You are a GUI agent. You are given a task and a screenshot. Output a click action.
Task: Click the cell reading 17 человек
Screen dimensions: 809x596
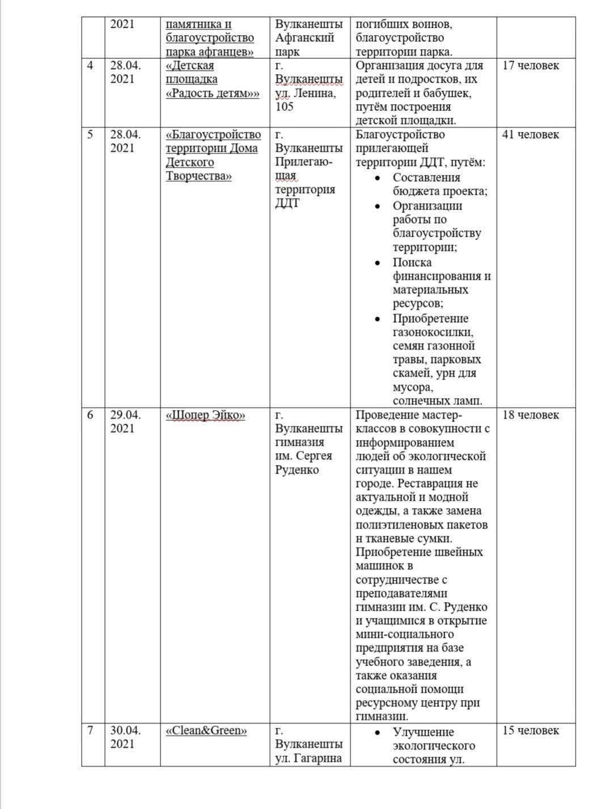tap(531, 66)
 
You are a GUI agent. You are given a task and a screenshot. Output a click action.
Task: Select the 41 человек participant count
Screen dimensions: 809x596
tap(531, 135)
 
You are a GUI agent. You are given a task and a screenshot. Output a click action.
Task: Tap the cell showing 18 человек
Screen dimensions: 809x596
tap(531, 415)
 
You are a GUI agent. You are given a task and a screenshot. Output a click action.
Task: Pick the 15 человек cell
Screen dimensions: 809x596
tap(531, 731)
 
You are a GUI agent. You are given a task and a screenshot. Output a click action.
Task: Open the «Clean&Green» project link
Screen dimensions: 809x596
tap(206, 731)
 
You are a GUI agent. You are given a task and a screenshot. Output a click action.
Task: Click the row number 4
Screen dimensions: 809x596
tap(90, 66)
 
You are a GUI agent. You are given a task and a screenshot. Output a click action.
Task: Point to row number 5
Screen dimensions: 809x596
tap(90, 135)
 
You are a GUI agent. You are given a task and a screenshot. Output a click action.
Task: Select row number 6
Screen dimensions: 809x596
tap(90, 415)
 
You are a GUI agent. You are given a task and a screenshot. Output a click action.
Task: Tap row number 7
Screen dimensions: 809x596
tap(90, 731)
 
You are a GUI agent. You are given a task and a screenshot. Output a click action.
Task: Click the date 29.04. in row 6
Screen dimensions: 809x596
tap(126, 415)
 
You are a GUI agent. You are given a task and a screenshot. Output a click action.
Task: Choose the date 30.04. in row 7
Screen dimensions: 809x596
tap(126, 731)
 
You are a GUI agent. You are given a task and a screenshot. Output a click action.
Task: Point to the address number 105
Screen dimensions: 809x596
tap(285, 107)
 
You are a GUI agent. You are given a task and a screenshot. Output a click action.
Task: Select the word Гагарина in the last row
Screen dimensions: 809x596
tap(318, 759)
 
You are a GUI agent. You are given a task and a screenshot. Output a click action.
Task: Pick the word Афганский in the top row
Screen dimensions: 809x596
tap(305, 39)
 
